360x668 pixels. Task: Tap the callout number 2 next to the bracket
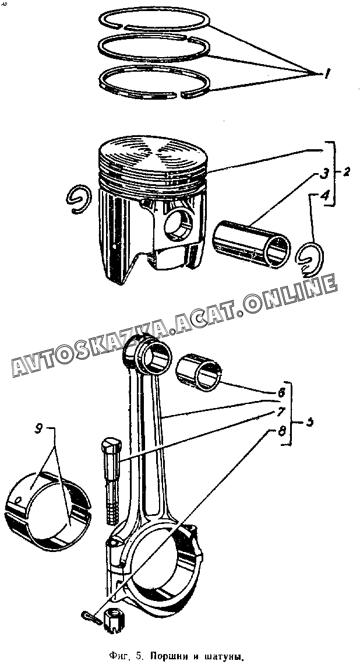click(x=346, y=173)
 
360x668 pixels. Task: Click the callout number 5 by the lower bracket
click(x=310, y=422)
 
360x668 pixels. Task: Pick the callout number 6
click(x=281, y=393)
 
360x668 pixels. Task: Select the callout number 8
click(x=281, y=432)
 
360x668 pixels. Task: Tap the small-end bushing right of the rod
click(x=199, y=371)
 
